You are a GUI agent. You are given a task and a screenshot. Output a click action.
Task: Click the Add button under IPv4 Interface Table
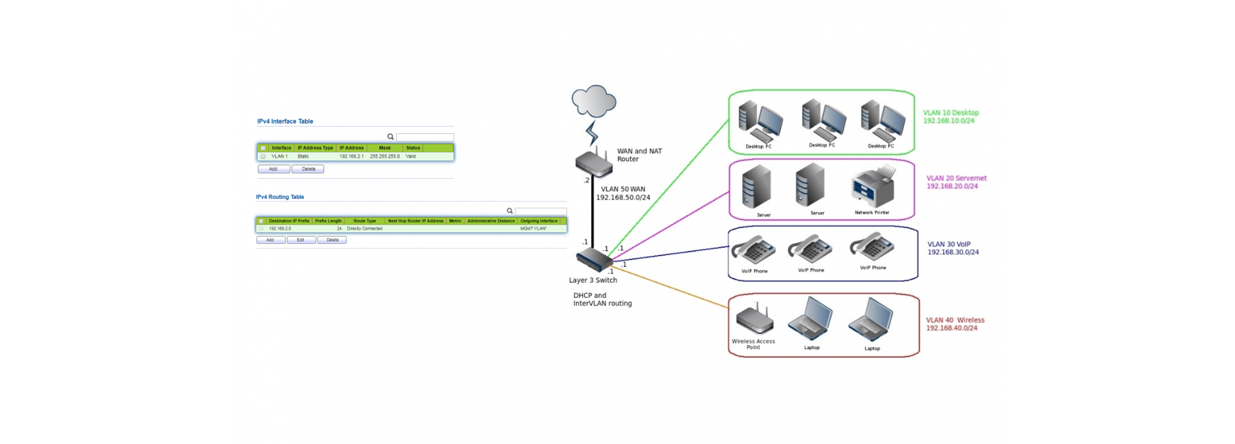pyautogui.click(x=273, y=169)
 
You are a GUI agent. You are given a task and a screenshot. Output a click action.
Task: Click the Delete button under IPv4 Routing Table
pyautogui.click(x=332, y=240)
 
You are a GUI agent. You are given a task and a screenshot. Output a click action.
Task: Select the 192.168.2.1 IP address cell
pyautogui.click(x=351, y=156)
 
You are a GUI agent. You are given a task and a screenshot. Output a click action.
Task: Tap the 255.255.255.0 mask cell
pyautogui.click(x=385, y=156)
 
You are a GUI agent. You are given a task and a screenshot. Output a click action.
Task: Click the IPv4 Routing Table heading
pyautogui.click(x=280, y=197)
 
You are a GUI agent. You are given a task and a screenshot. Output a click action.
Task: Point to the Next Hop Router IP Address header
pyautogui.click(x=416, y=221)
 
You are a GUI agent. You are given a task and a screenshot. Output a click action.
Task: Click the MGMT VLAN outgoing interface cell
pyautogui.click(x=533, y=228)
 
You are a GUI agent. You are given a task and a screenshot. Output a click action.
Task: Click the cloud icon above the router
pyautogui.click(x=594, y=101)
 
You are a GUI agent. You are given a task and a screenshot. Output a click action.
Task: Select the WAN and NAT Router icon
pyautogui.click(x=593, y=162)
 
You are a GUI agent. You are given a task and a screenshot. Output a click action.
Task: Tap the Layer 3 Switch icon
pyautogui.click(x=594, y=261)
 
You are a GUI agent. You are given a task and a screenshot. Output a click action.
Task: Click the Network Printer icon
pyautogui.click(x=873, y=188)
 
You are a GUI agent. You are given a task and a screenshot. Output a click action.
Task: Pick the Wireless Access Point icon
pyautogui.click(x=754, y=320)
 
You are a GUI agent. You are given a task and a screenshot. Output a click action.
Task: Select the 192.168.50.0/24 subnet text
pyautogui.click(x=623, y=198)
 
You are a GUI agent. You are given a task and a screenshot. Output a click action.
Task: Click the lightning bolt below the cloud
pyautogui.click(x=592, y=133)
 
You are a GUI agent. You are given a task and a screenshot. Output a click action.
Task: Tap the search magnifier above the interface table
pyautogui.click(x=390, y=137)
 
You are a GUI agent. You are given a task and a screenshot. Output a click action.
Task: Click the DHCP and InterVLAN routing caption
pyautogui.click(x=602, y=299)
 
